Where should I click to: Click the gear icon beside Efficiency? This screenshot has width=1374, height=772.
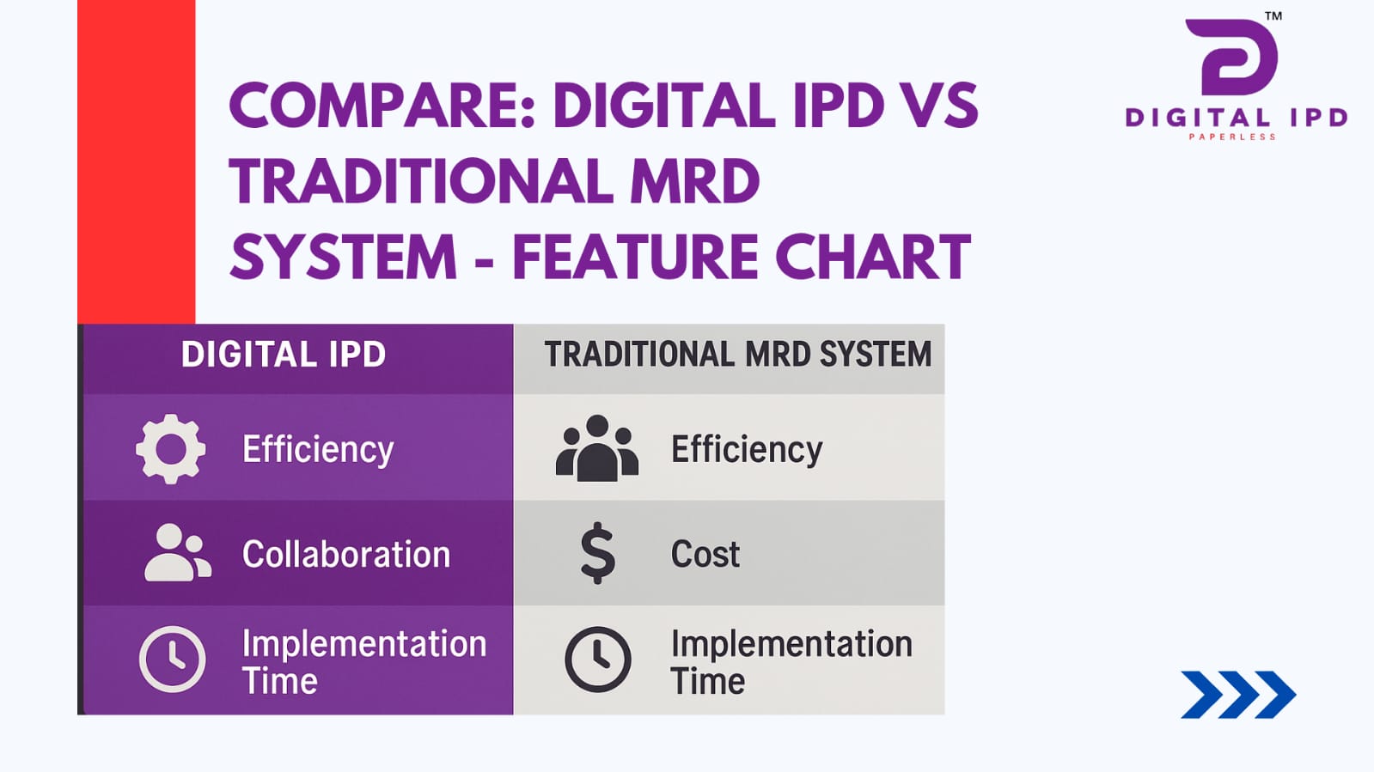click(170, 449)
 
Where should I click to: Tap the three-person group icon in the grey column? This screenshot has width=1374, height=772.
click(597, 448)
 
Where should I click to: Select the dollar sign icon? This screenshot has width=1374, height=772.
click(597, 553)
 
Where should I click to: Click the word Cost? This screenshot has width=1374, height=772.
click(705, 555)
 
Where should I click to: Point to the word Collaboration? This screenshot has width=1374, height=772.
click(346, 555)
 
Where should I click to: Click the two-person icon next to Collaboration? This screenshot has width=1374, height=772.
click(178, 552)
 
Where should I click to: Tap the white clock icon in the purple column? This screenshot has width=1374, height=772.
click(173, 660)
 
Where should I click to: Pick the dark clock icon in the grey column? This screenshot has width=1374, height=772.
click(597, 660)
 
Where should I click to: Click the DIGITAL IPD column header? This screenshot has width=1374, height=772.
click(284, 355)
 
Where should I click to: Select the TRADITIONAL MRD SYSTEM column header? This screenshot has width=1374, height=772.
click(738, 355)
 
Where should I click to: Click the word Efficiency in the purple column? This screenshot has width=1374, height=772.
click(318, 449)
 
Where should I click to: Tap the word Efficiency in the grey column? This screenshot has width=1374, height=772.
click(747, 449)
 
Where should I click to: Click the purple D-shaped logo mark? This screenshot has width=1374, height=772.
click(1231, 57)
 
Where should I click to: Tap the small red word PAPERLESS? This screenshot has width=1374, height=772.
click(1232, 137)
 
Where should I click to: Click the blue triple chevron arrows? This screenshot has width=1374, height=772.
click(1238, 695)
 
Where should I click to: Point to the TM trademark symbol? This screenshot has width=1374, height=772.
click(1273, 16)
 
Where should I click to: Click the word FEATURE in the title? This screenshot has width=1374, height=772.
click(636, 256)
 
